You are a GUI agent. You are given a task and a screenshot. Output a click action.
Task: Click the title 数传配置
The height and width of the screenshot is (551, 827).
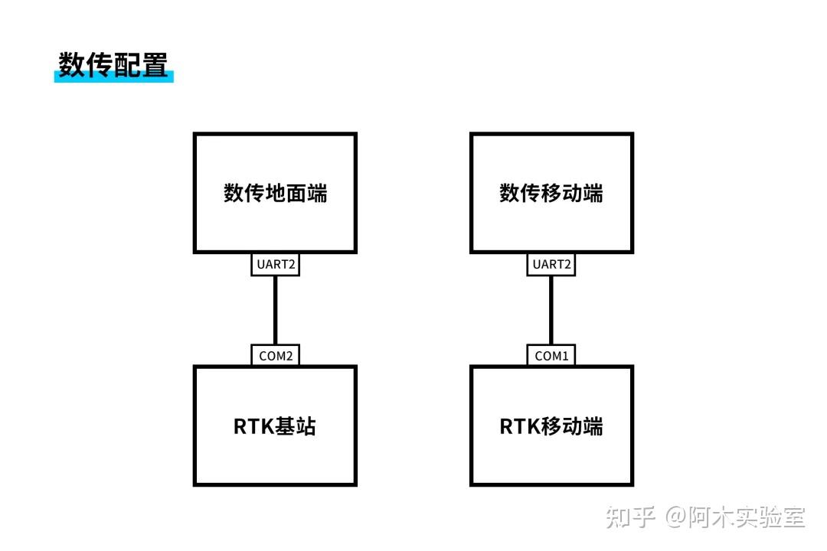pos(113,65)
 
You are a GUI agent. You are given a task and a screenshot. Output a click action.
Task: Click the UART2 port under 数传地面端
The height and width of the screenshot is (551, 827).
pos(275,265)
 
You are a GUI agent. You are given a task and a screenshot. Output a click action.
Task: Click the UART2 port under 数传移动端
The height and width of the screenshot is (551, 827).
pos(551,265)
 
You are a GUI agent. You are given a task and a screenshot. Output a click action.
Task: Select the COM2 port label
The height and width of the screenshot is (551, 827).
pos(275,356)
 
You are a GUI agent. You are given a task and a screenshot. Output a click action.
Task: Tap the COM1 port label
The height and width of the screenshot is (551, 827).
pos(551,356)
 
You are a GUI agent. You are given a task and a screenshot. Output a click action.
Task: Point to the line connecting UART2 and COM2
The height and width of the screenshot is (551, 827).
pos(275,310)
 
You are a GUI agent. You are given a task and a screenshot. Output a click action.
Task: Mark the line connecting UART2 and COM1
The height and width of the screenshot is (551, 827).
pos(551,310)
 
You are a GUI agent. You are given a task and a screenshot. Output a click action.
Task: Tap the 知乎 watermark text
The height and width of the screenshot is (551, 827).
pos(630,517)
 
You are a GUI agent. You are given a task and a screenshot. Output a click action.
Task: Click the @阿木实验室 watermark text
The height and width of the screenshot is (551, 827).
pos(735,517)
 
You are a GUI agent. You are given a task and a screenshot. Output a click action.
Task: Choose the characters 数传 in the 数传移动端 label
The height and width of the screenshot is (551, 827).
pos(517,194)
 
